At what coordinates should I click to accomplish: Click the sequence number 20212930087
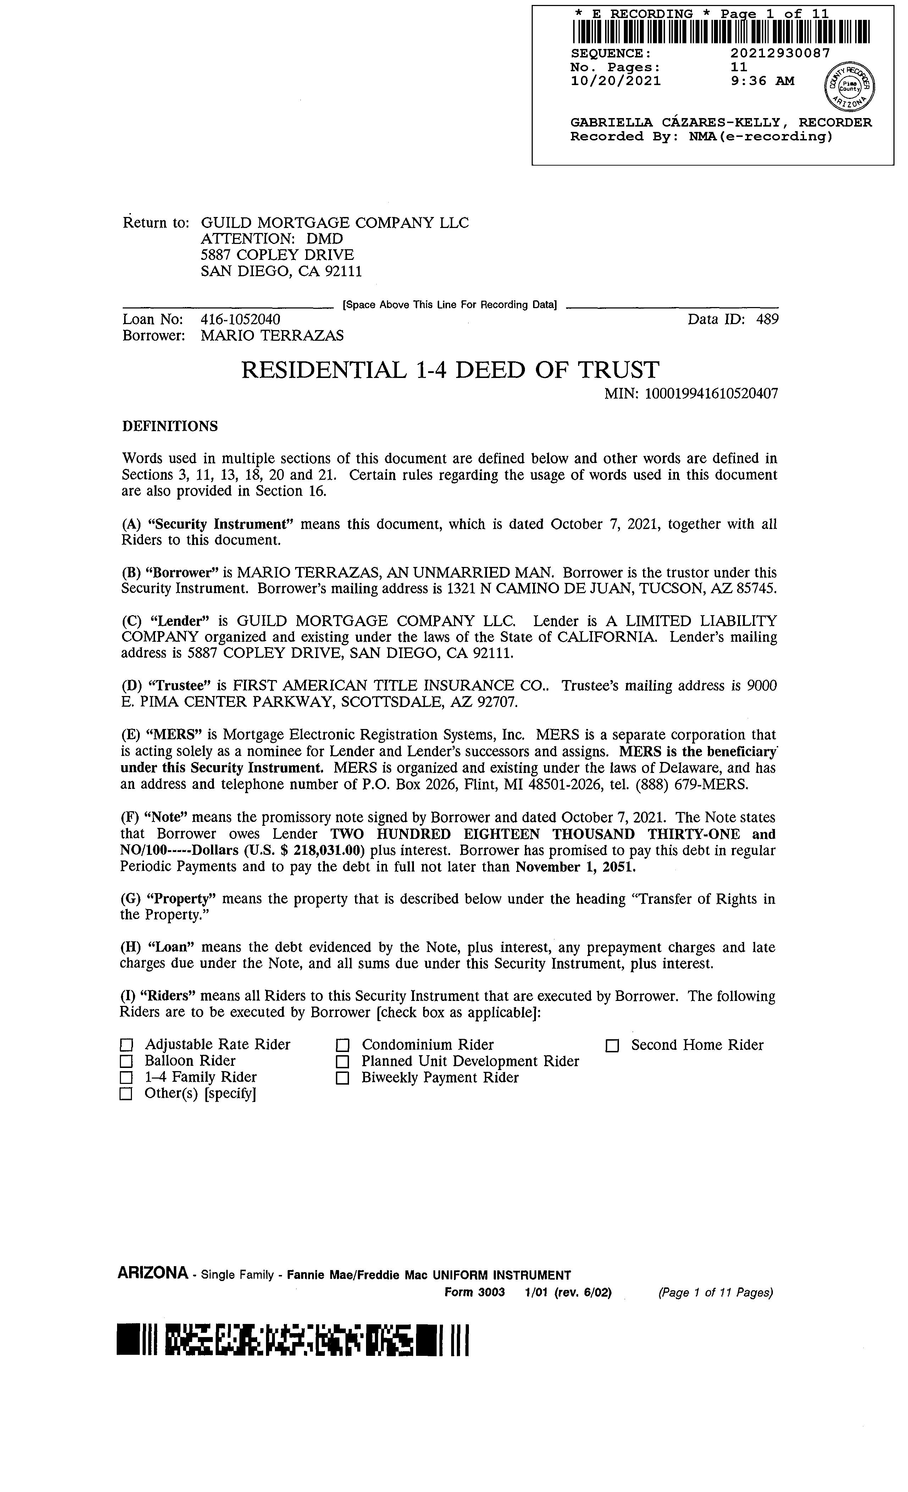(x=780, y=53)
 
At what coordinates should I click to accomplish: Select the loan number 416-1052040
(x=240, y=319)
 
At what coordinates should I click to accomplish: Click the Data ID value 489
(x=768, y=319)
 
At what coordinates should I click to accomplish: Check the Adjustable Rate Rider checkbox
(x=126, y=1045)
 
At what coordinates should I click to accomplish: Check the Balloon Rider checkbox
(x=126, y=1062)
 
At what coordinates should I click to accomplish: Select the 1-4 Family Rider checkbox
(x=126, y=1078)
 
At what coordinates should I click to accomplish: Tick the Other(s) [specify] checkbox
(x=126, y=1094)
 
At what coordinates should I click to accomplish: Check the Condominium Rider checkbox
(x=343, y=1046)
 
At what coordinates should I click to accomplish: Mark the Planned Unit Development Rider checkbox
(x=343, y=1062)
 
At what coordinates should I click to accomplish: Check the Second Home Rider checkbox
(x=613, y=1046)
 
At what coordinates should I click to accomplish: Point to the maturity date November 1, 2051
(x=575, y=867)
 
